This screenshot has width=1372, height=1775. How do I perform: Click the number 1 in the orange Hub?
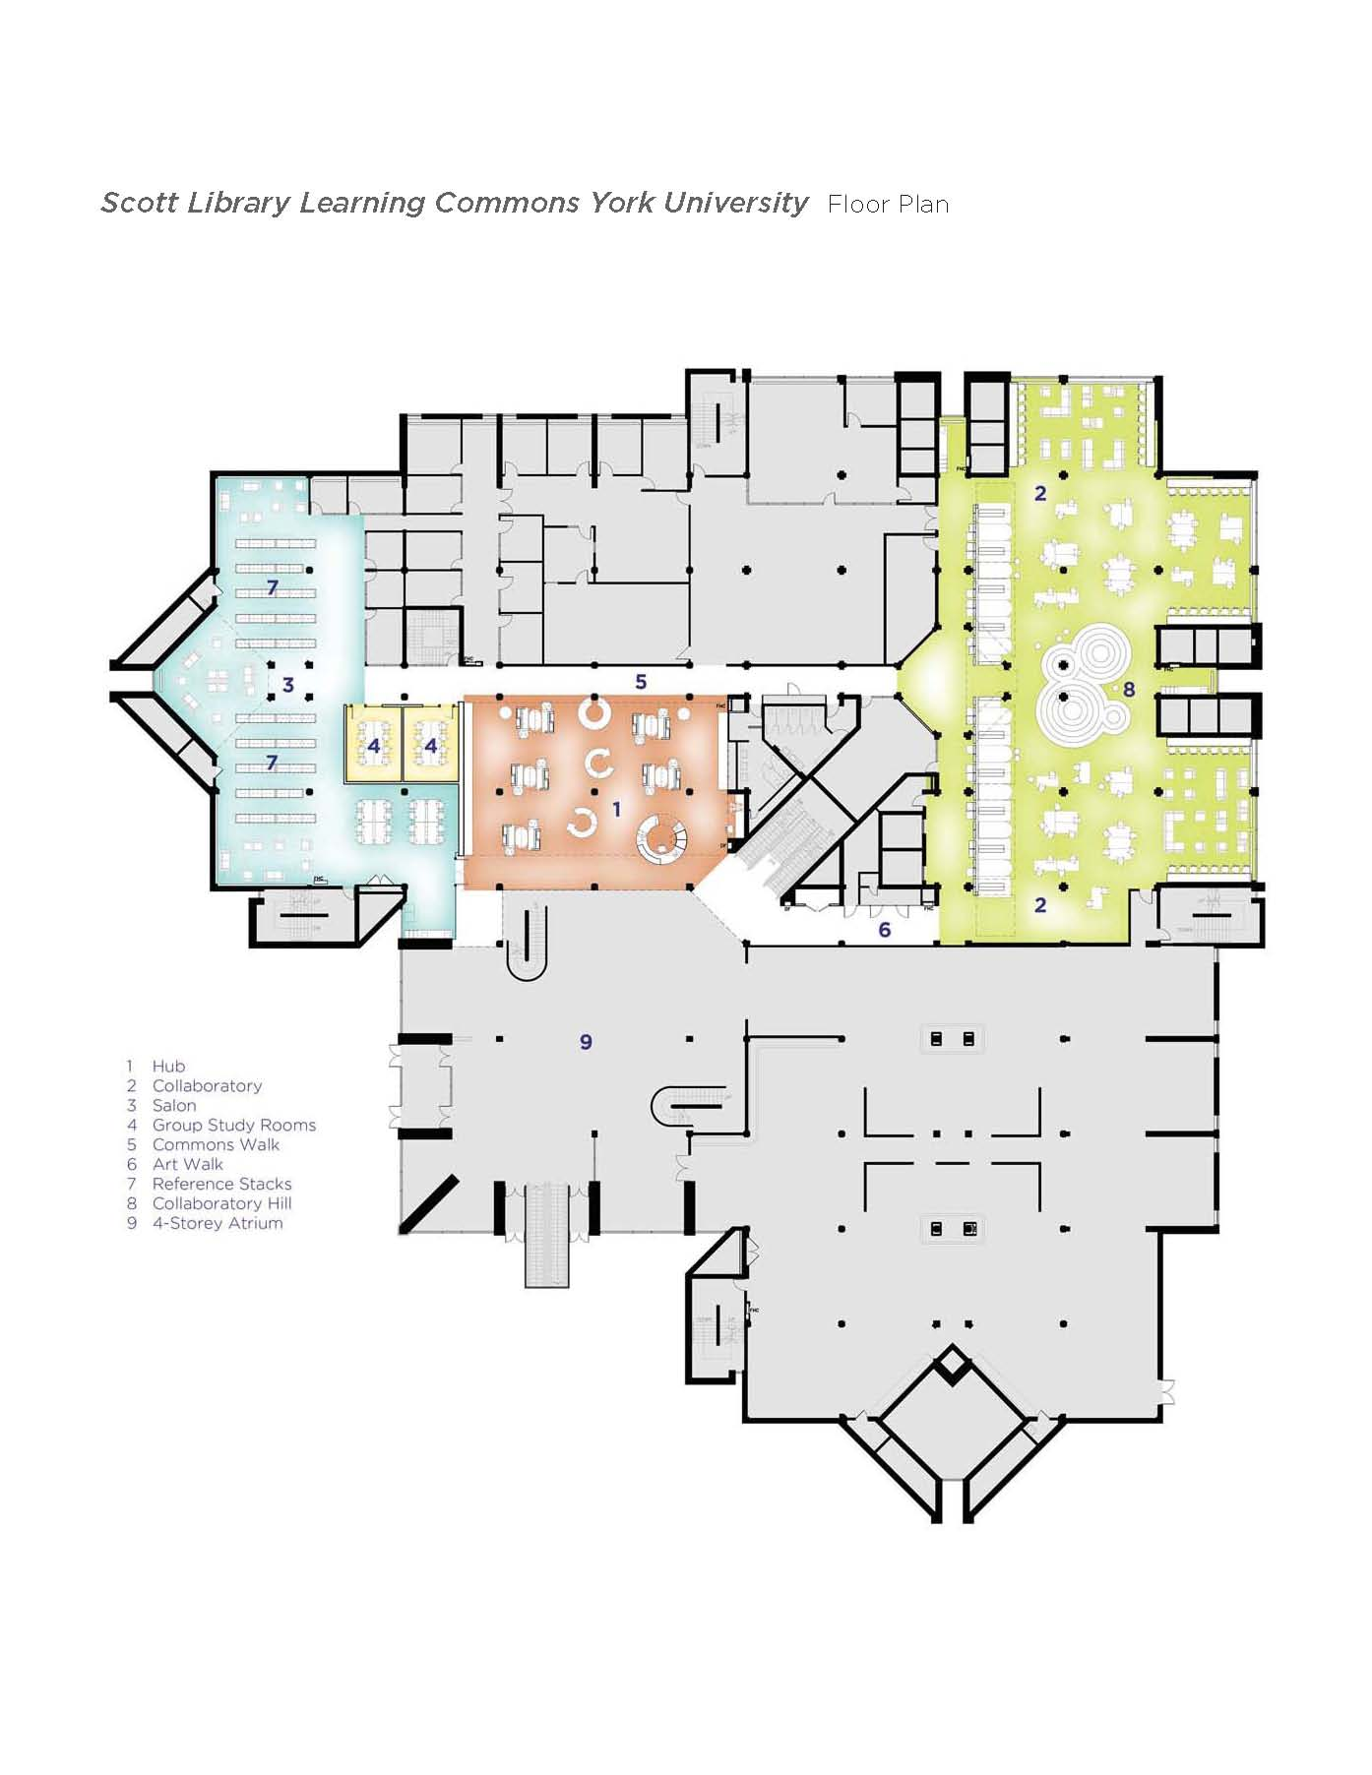(x=616, y=809)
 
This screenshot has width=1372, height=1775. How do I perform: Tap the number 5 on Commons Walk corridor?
(x=641, y=682)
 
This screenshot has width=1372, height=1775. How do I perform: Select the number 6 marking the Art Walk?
(x=884, y=930)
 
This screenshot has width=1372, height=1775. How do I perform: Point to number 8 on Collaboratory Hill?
(x=1129, y=690)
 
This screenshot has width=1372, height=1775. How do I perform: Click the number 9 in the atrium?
(x=586, y=1042)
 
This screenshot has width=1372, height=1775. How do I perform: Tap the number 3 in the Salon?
(x=288, y=685)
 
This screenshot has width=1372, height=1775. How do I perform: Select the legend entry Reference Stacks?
(x=221, y=1184)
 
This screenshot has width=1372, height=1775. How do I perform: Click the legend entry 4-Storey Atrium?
(x=217, y=1223)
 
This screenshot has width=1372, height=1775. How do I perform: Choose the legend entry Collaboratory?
(x=207, y=1085)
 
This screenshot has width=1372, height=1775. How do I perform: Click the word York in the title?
(x=622, y=203)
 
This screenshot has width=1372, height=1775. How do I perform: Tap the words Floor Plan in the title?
(x=888, y=205)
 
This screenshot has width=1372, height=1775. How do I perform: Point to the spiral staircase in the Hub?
(x=660, y=839)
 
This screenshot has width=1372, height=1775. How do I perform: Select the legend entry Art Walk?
(x=187, y=1164)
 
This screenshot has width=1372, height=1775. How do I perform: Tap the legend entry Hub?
(x=168, y=1066)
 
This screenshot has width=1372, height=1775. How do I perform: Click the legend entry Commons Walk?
(x=216, y=1144)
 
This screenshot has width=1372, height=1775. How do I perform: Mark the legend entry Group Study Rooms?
(x=233, y=1125)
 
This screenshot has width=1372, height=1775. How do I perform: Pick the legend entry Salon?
(x=174, y=1105)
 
